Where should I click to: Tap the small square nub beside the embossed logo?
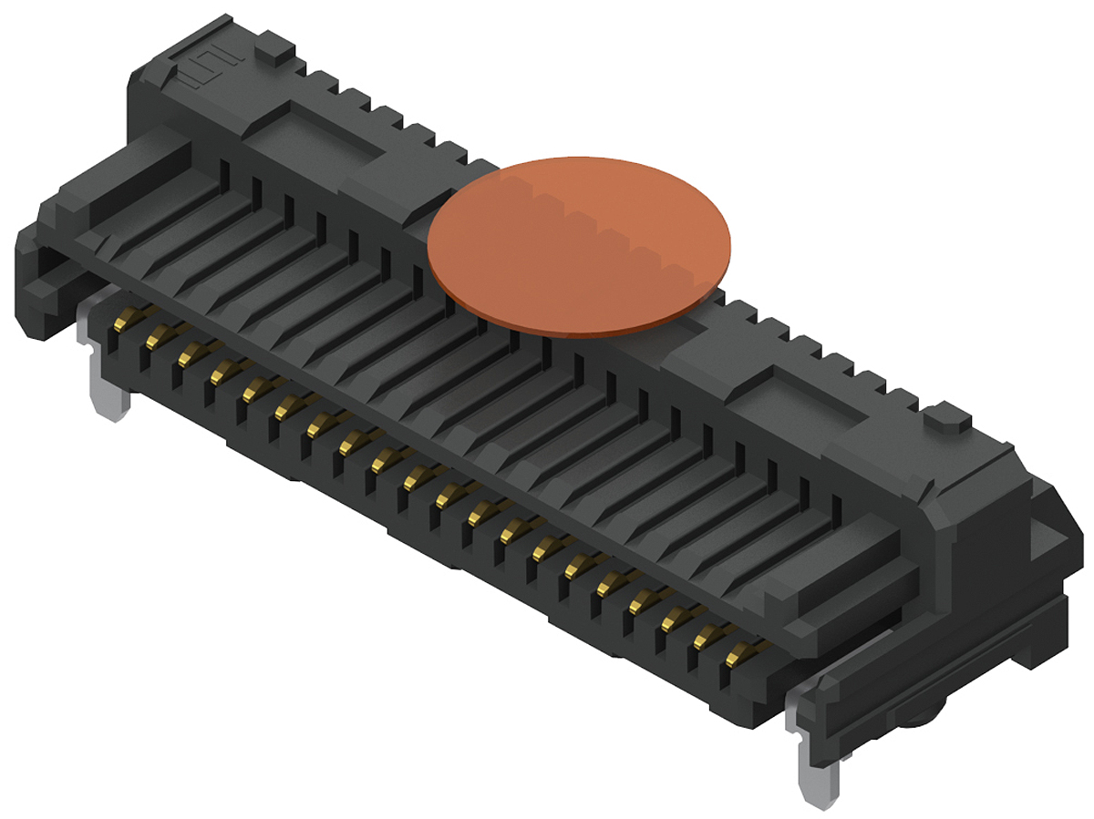271,46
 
